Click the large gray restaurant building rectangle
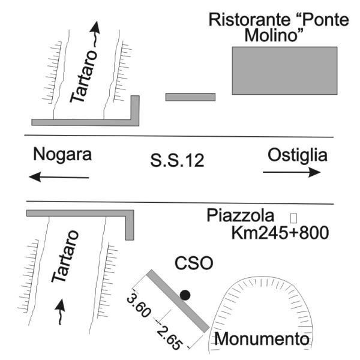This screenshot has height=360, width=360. (284, 71)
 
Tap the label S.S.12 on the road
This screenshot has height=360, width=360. (177, 160)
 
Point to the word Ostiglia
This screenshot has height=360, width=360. (298, 155)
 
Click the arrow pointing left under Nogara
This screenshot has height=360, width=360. (59, 177)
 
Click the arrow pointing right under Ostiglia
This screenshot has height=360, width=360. (292, 172)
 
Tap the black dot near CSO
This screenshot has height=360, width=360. (185, 295)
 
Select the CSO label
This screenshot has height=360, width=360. (194, 263)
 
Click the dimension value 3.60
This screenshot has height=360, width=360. (139, 305)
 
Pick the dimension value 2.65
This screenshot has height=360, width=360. (170, 337)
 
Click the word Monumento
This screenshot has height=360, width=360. (262, 339)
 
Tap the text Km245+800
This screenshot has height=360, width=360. (280, 233)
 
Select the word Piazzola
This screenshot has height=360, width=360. (241, 215)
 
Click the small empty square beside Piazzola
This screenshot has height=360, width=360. (293, 218)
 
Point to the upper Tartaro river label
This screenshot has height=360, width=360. (84, 76)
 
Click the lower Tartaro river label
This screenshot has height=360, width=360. (65, 256)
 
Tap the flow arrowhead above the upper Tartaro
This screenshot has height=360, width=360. (95, 26)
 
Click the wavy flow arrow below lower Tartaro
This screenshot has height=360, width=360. (60, 311)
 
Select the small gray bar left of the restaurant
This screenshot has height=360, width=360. (190, 97)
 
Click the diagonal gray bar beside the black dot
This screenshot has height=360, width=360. (178, 301)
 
